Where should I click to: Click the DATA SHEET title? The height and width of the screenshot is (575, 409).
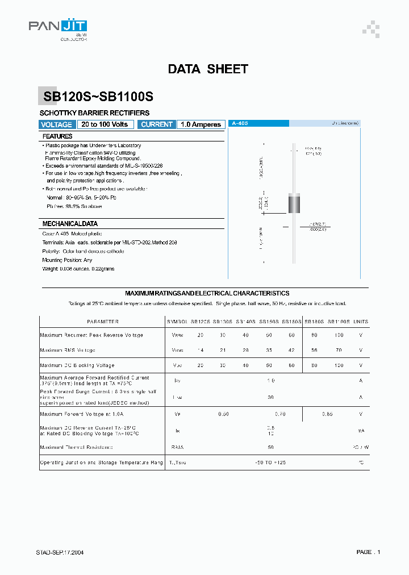coord(208,69)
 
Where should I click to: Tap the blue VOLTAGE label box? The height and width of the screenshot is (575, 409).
coord(57,124)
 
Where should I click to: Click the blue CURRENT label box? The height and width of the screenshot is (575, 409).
coord(157,124)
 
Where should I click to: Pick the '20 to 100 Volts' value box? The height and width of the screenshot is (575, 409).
coord(105,124)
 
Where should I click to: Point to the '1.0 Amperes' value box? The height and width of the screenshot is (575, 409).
coord(201,124)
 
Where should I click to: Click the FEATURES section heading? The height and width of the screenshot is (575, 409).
coord(57,137)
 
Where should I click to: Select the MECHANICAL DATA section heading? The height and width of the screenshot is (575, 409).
coord(70,224)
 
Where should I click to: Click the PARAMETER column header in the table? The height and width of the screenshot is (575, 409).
coord(103,322)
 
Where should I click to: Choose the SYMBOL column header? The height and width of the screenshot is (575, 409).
coord(177,322)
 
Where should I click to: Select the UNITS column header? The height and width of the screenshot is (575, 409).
coord(361,322)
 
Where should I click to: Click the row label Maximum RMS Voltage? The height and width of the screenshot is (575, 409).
coord(68,350)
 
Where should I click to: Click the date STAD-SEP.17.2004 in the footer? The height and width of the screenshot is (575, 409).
coord(60,552)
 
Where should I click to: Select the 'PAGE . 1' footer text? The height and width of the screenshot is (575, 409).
coord(368,552)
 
